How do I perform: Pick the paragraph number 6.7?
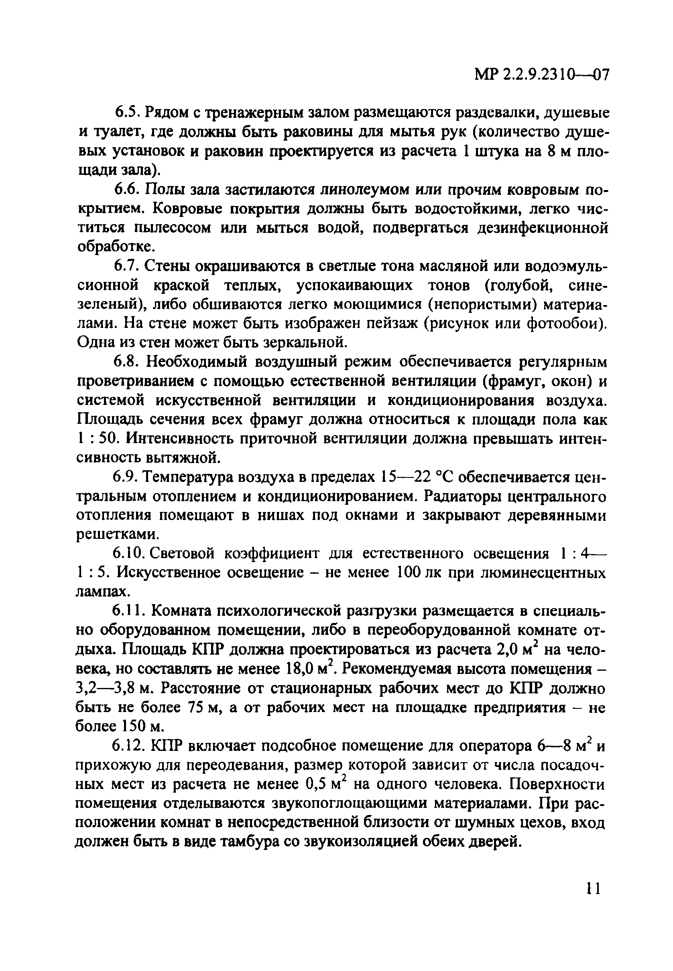click(128, 267)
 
